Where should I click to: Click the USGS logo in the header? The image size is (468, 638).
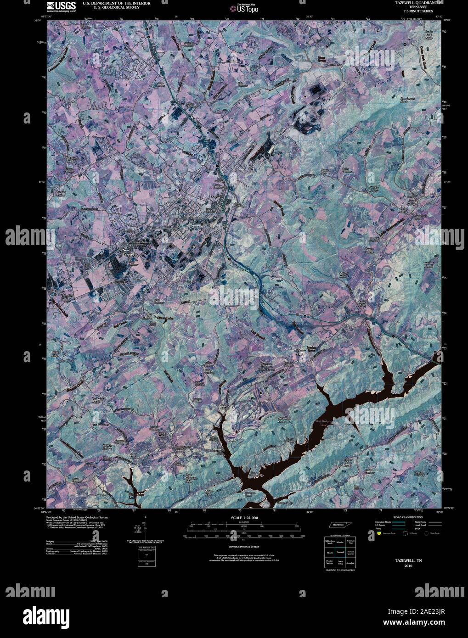click(57, 6)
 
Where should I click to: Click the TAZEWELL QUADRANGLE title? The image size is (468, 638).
click(408, 3)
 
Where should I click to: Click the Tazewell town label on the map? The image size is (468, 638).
click(216, 196)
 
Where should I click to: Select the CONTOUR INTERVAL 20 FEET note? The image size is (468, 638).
click(243, 547)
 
